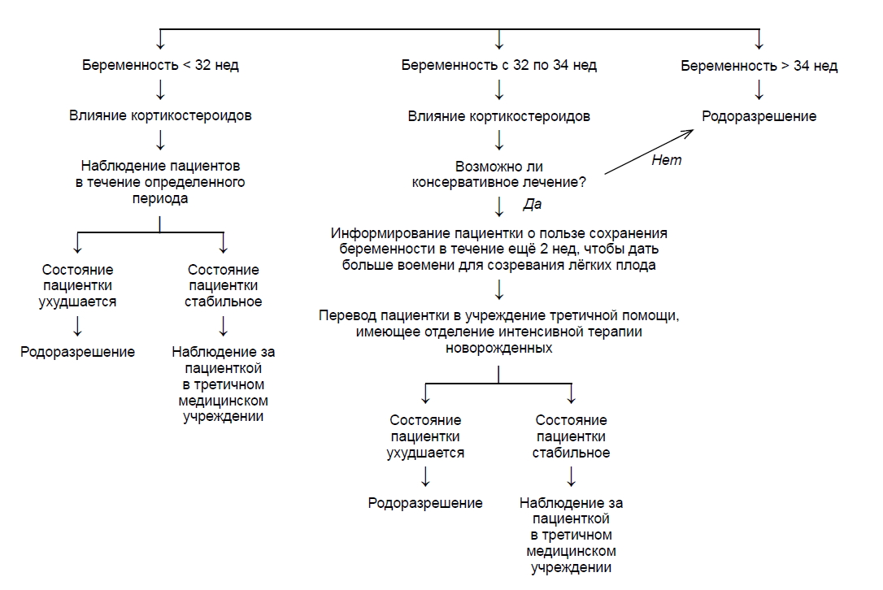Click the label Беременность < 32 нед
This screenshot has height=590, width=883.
(160, 66)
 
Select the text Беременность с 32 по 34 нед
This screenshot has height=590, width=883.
(498, 66)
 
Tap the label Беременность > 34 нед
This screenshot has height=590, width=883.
(759, 66)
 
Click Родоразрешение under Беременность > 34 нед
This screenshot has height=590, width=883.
(759, 116)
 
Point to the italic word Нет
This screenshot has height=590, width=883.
(667, 160)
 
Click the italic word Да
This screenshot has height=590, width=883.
(533, 204)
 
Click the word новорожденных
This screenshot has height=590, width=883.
(498, 348)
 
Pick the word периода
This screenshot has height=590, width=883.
(160, 198)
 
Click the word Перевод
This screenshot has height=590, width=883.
(343, 315)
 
